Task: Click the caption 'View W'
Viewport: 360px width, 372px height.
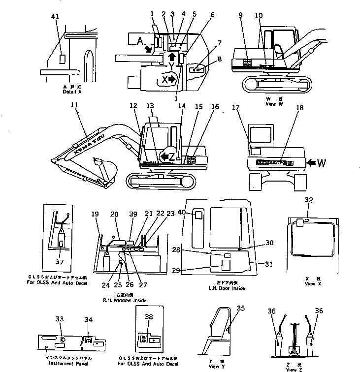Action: click(x=270, y=104)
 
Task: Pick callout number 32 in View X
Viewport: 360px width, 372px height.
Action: click(x=309, y=201)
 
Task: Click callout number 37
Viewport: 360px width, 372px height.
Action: click(x=60, y=262)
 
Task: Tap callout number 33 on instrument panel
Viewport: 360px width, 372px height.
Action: click(x=60, y=319)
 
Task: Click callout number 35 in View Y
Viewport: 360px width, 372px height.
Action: click(x=240, y=309)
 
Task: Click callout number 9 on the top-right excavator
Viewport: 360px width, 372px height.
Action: click(x=241, y=15)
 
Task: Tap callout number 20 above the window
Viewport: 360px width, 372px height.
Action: click(x=115, y=214)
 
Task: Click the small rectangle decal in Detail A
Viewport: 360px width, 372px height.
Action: click(x=63, y=59)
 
